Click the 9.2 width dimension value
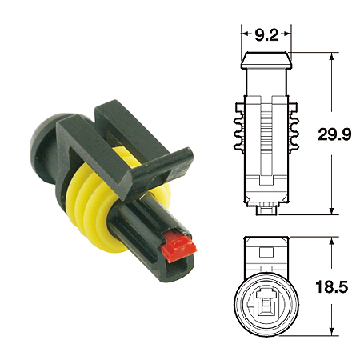pyautogui.click(x=267, y=34)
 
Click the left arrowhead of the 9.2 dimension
pyautogui.click(x=244, y=34)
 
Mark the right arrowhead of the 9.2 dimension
pyautogui.click(x=290, y=34)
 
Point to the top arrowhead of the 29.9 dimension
pyautogui.click(x=330, y=57)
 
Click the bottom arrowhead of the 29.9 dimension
pyautogui.click(x=330, y=211)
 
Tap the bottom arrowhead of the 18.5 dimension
pyautogui.click(x=330, y=330)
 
